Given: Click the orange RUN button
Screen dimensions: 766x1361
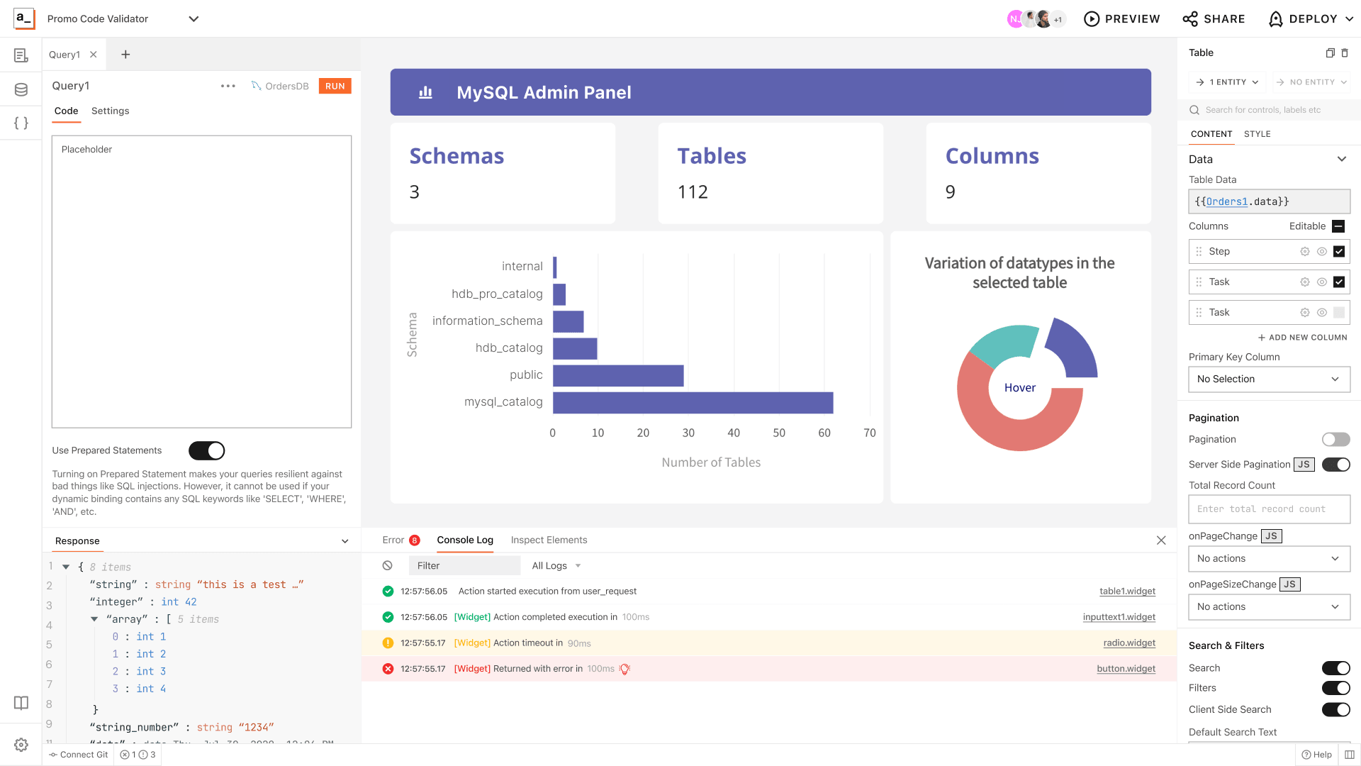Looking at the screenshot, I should pyautogui.click(x=335, y=86).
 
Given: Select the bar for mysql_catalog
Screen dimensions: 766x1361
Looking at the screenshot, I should pyautogui.click(x=693, y=402).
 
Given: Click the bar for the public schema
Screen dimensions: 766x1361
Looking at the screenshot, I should pyautogui.click(x=617, y=375).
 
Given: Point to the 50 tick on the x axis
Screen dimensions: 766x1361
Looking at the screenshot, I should pyautogui.click(x=778, y=433).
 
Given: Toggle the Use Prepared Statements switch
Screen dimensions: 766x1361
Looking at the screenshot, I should pyautogui.click(x=206, y=450).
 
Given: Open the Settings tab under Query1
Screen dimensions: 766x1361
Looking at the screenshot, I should pyautogui.click(x=110, y=111).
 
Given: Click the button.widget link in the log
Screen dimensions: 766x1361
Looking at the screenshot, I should pyautogui.click(x=1126, y=668).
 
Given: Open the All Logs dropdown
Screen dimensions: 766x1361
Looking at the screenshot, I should pyautogui.click(x=556, y=565).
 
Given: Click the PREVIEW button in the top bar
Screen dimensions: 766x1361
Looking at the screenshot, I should pyautogui.click(x=1122, y=19).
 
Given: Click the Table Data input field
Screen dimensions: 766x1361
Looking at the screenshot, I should pyautogui.click(x=1269, y=201).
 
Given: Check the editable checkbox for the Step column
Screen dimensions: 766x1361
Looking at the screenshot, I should pyautogui.click(x=1338, y=251).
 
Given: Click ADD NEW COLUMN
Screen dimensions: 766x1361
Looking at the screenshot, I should pyautogui.click(x=1303, y=338).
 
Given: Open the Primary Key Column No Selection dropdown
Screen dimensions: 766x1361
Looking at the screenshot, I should pyautogui.click(x=1269, y=379).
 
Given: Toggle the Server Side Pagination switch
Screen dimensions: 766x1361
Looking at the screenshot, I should pyautogui.click(x=1335, y=465).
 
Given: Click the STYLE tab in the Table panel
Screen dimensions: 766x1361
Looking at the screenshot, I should pyautogui.click(x=1257, y=134).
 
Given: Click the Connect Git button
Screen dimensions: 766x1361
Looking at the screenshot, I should pyautogui.click(x=79, y=755).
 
